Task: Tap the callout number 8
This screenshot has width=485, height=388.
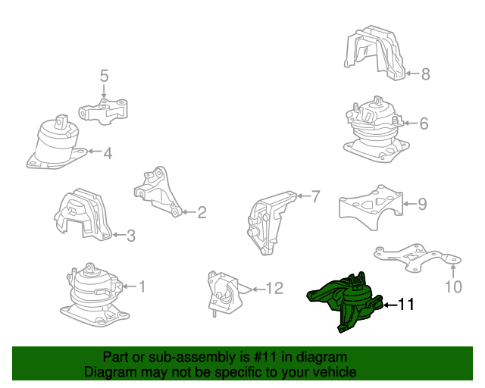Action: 426,74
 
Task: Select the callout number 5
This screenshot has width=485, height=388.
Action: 105,76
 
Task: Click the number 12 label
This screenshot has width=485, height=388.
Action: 274,289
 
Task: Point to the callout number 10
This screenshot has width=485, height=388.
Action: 453,286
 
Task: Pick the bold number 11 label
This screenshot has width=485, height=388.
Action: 405,305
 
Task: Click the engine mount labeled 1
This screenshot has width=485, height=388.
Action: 94,295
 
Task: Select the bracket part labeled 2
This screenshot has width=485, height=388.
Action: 158,192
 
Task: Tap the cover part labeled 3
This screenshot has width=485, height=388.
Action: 83,214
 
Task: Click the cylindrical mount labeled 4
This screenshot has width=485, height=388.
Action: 58,142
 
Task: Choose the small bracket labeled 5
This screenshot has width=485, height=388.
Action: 103,111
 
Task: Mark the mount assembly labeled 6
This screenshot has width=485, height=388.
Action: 376,130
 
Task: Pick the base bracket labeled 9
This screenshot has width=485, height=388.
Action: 371,208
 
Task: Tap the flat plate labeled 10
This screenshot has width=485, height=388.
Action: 418,258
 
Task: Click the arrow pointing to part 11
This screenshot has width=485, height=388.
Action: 390,305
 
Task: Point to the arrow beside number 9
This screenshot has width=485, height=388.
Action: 410,204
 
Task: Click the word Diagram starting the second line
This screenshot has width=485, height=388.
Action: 105,371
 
